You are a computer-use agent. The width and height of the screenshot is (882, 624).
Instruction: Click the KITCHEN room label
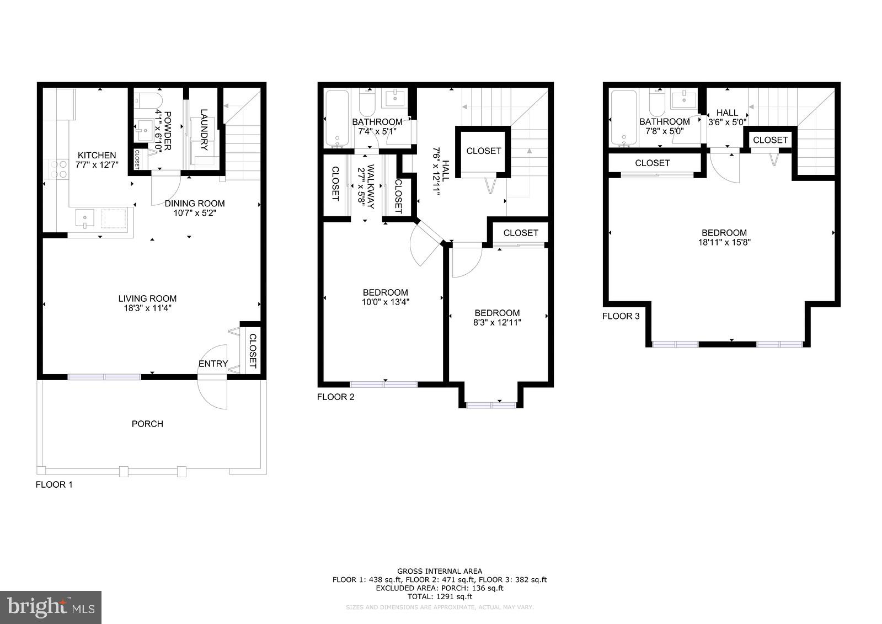(97, 155)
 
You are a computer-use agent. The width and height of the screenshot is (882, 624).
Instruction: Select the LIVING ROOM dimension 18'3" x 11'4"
(147, 308)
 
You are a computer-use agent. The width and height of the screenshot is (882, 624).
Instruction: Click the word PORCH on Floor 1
(147, 424)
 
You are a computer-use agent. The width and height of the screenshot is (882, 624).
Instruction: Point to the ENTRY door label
(213, 364)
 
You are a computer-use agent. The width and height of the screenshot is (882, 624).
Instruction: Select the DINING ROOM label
(195, 203)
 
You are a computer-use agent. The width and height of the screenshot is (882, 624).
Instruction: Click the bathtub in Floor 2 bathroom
(336, 119)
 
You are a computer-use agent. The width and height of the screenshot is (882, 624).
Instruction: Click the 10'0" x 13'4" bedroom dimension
(386, 302)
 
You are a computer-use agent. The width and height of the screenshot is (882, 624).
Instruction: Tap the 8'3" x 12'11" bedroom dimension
(497, 322)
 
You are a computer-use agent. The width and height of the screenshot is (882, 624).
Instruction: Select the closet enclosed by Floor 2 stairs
(483, 151)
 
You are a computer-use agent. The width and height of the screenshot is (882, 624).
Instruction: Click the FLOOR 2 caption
(335, 397)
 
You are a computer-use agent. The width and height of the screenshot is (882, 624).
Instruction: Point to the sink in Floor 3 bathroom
(684, 100)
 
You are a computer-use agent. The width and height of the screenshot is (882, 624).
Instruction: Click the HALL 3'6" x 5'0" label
(727, 118)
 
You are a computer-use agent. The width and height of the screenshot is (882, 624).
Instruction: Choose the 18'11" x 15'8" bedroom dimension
(724, 242)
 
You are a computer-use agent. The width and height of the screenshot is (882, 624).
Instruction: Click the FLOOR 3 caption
(621, 316)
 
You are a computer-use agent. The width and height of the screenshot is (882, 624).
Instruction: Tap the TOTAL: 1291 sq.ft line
(439, 596)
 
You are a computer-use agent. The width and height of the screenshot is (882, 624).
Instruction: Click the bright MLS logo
(51, 607)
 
